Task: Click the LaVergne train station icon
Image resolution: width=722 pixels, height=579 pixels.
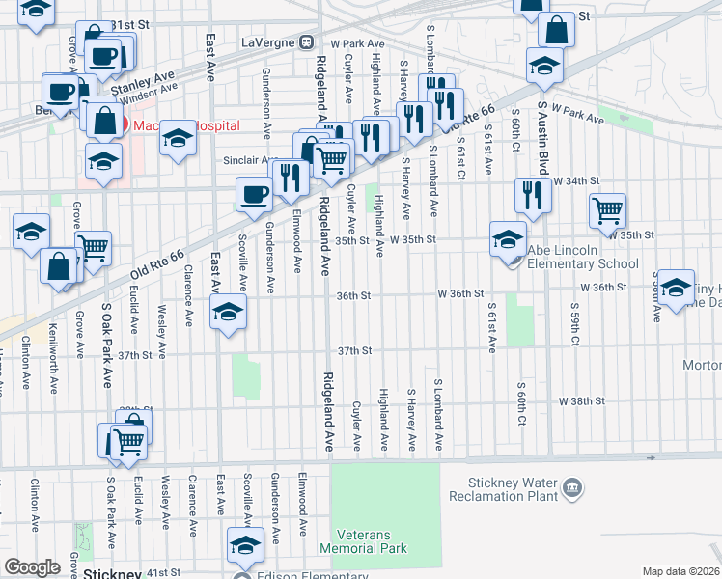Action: click(x=307, y=41)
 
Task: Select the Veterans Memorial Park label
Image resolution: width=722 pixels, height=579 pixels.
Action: click(x=372, y=541)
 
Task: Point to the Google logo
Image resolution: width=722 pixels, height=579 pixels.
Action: click(x=31, y=567)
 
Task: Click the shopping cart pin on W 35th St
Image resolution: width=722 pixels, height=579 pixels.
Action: click(x=607, y=209)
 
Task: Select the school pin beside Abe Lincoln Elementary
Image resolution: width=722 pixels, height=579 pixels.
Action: click(x=508, y=237)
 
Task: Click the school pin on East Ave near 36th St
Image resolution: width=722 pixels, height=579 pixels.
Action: click(x=229, y=311)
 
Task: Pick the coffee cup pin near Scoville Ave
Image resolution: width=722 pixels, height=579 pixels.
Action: click(x=254, y=193)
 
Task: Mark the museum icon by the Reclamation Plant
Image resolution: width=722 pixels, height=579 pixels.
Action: click(x=573, y=489)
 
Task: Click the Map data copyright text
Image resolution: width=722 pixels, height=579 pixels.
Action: click(x=680, y=571)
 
